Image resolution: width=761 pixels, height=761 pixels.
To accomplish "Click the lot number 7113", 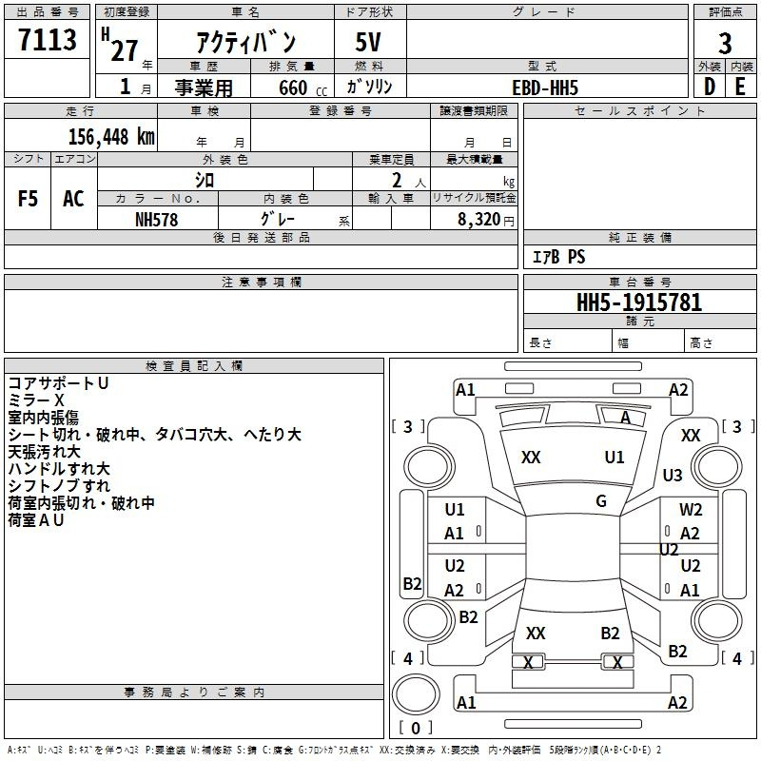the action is [47, 39].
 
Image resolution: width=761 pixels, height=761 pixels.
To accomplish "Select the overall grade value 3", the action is [725, 44].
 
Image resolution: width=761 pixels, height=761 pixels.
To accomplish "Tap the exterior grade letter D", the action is [709, 87].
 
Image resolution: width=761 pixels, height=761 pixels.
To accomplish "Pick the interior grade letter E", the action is [740, 87].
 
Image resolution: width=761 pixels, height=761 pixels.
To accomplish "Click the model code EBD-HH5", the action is [545, 88].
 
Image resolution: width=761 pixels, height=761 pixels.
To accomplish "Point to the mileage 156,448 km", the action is [111, 137].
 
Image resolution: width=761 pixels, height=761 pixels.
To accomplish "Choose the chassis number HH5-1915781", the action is [639, 302].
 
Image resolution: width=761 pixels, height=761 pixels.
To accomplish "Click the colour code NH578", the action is [156, 220].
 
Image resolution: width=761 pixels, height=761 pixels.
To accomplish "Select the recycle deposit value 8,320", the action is [479, 219].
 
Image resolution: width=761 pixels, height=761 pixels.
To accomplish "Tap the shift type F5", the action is [28, 199].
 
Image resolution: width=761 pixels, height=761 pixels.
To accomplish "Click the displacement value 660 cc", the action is [302, 88].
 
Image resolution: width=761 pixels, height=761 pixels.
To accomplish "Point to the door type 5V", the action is [368, 42].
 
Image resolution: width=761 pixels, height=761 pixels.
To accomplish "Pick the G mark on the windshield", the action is [601, 500].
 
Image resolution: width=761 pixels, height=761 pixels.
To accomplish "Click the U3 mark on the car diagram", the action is [673, 475].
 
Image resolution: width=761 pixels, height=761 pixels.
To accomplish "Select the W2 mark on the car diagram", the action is [691, 510].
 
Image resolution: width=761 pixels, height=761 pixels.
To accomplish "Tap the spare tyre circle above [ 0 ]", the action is [416, 694].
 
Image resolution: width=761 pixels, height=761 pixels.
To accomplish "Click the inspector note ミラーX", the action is [36, 400].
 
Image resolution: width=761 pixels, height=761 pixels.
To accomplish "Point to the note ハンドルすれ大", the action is [59, 469].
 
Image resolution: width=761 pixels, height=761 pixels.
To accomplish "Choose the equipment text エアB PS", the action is [558, 257].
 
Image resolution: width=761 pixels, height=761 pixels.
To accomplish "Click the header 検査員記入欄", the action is [194, 366].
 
